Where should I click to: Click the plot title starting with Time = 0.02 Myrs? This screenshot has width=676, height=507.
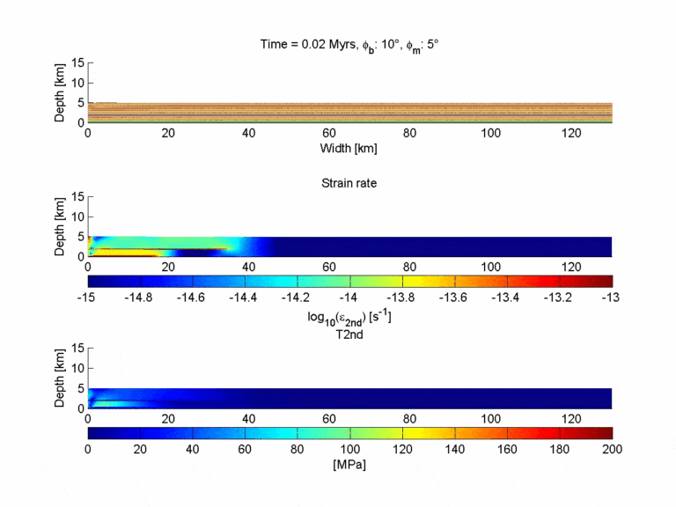pos(349,44)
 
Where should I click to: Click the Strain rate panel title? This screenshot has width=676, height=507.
pos(349,184)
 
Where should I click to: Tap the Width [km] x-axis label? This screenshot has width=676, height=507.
pos(349,148)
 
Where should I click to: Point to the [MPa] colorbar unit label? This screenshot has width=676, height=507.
pos(349,464)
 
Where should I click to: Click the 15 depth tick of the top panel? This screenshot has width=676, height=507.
pos(77,62)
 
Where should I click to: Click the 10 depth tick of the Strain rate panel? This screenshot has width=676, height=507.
pos(77,217)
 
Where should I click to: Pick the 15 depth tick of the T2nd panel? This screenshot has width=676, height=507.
pos(77,349)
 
